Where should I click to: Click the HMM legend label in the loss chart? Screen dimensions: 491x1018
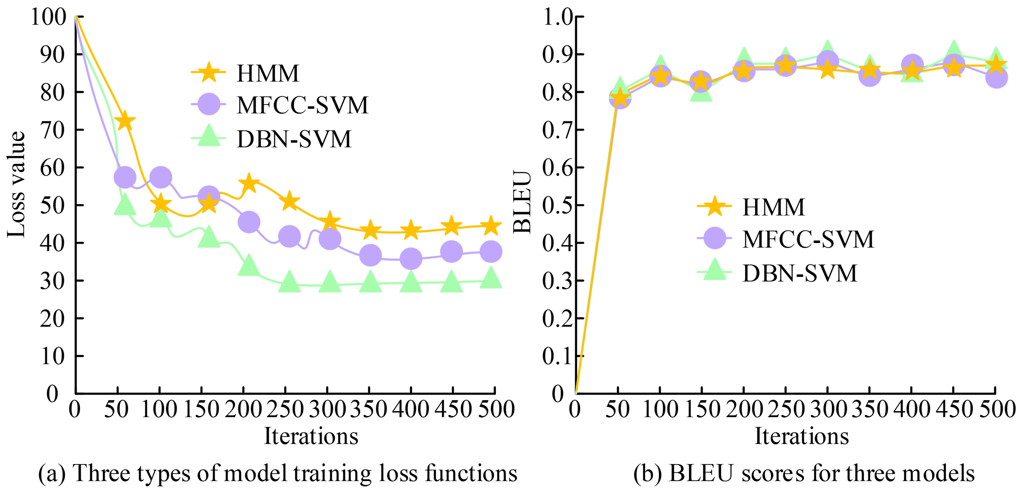[x=268, y=73]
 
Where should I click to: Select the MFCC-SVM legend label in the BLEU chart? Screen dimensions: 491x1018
[x=808, y=239]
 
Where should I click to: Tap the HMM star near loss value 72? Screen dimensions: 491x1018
[x=125, y=120]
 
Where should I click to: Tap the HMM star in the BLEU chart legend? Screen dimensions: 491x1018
[x=714, y=206]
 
